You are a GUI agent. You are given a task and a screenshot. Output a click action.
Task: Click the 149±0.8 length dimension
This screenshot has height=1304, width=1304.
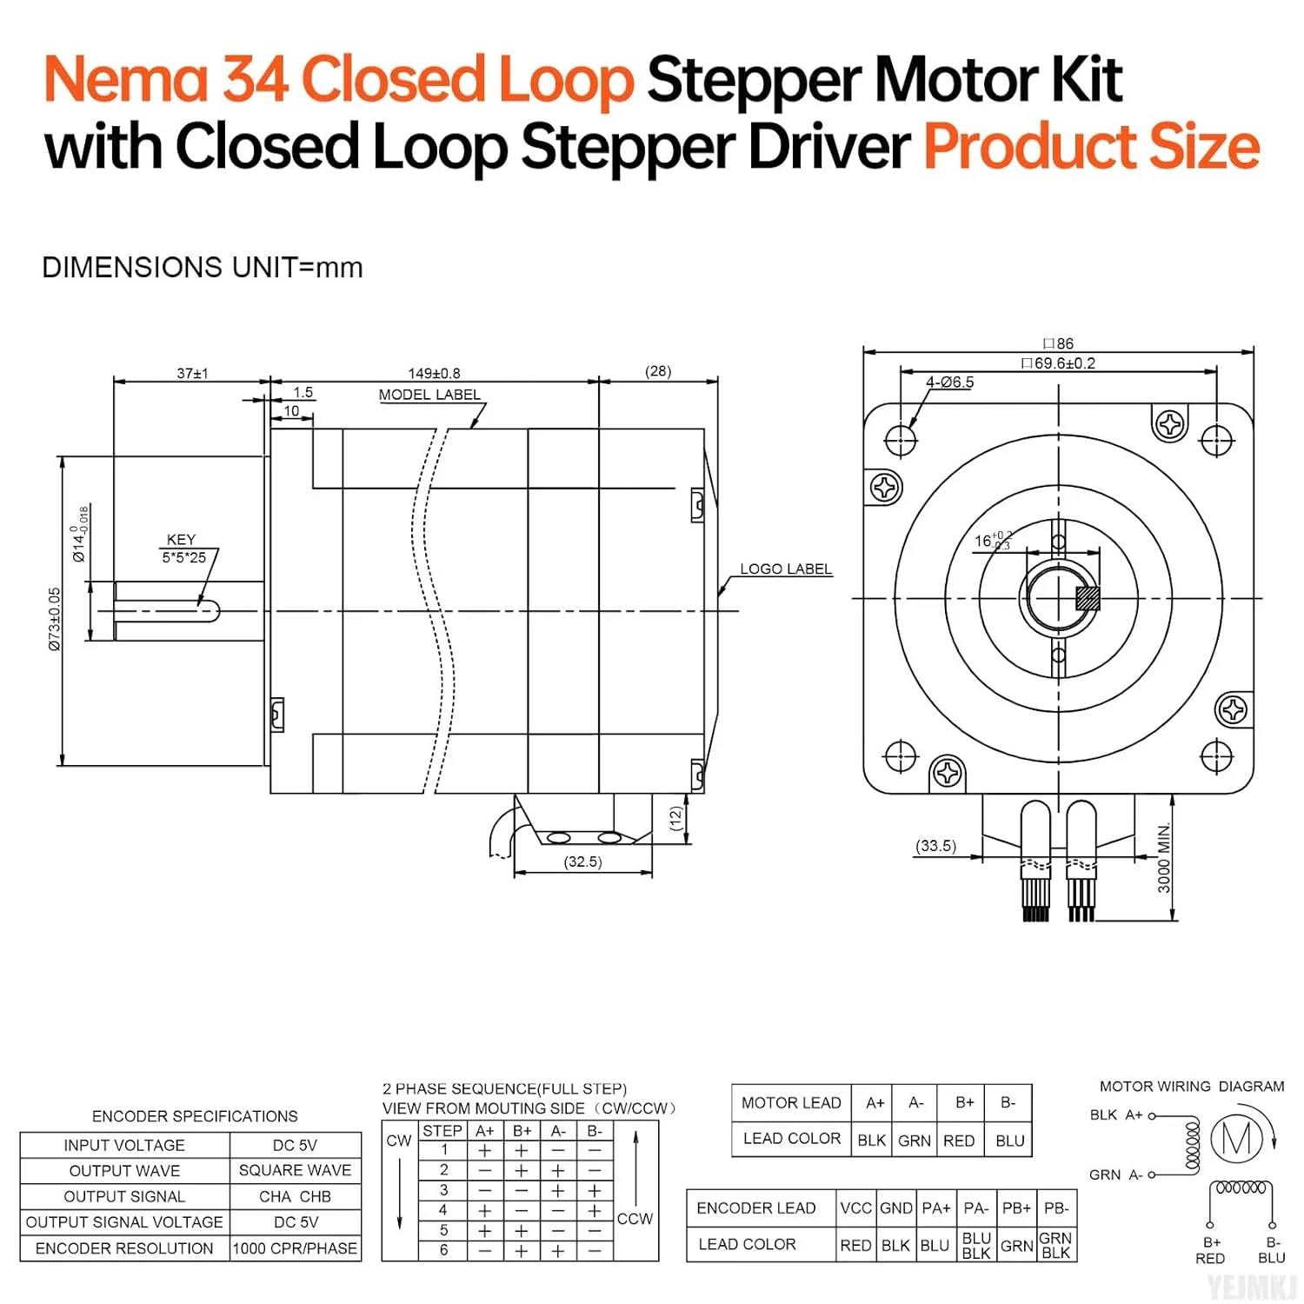coord(434,373)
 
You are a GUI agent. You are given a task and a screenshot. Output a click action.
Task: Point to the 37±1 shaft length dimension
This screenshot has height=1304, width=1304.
coord(192,373)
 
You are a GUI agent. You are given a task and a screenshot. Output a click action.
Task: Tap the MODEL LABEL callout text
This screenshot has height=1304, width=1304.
coord(429,395)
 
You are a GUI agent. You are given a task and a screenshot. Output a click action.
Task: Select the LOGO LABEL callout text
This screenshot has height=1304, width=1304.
coord(785,569)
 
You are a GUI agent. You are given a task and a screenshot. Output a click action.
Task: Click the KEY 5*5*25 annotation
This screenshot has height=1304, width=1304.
coord(183,549)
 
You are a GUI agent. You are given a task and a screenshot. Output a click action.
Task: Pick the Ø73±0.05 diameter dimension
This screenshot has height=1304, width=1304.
coord(55,619)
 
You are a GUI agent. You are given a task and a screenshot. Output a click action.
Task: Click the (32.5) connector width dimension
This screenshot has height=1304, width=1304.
coord(582,862)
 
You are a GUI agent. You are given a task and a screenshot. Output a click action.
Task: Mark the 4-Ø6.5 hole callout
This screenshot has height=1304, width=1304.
coord(949,382)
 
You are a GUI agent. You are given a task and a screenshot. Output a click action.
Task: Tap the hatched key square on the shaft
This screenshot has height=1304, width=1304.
coord(1088,598)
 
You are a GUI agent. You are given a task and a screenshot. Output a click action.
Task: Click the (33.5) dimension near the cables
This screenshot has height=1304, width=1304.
coord(935,845)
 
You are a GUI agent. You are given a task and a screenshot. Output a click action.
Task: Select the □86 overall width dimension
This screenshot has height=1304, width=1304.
coord(1058,343)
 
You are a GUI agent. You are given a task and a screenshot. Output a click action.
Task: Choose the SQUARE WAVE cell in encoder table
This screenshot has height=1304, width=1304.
coord(295,1170)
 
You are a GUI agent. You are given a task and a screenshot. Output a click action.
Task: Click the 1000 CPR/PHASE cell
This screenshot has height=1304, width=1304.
coord(295,1248)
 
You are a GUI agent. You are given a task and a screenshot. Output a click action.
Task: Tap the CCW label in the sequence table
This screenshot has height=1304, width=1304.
coord(635,1219)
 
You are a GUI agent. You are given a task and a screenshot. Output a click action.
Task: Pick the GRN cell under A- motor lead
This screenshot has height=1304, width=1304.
coord(915,1141)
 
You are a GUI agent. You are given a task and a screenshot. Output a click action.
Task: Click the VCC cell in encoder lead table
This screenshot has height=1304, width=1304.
coord(855,1208)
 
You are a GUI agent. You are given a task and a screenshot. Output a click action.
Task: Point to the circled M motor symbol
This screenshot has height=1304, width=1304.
coord(1236,1138)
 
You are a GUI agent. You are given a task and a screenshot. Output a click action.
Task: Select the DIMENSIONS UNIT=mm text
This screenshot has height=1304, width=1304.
coord(203,267)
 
